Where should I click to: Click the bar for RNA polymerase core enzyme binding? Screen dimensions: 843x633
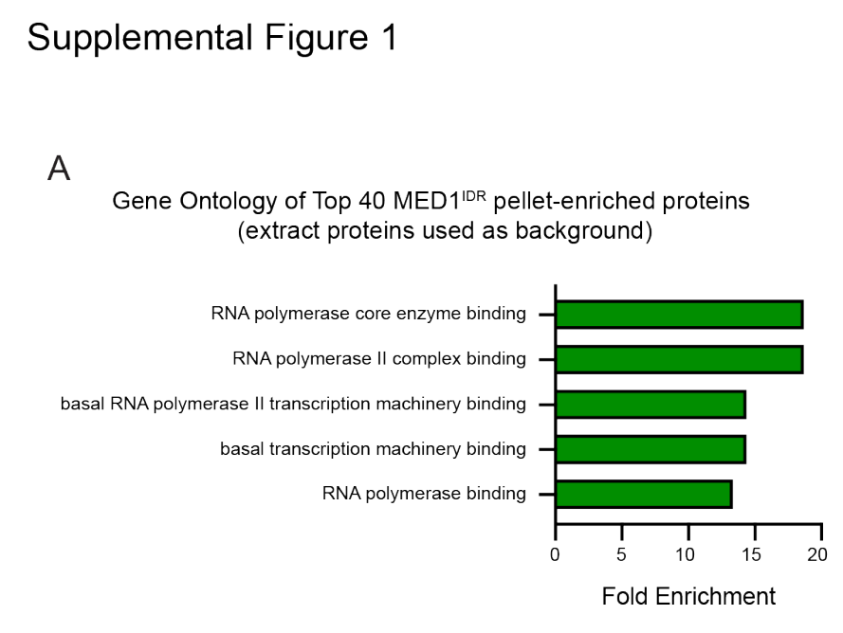[x=679, y=315]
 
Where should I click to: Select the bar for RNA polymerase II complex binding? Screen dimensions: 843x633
[x=679, y=359]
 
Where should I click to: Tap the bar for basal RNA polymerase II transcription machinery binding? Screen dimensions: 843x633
[x=651, y=405]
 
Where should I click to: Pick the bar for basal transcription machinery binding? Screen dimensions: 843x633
[x=651, y=449]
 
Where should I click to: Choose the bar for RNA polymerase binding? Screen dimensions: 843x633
[x=644, y=494]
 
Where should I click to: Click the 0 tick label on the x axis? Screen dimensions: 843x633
[x=556, y=554]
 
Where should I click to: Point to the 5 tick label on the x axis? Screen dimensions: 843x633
[x=621, y=554]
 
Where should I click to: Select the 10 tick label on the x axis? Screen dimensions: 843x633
[x=687, y=554]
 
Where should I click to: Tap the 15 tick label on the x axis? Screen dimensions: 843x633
[x=752, y=554]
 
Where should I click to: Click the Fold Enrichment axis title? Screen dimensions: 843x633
[x=688, y=596]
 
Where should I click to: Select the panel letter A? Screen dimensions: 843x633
[x=59, y=168]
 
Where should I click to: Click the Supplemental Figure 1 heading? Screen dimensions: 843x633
[x=212, y=39]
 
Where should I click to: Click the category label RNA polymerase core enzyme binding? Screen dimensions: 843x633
[x=368, y=314]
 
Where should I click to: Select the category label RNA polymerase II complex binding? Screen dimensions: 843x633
[x=379, y=359]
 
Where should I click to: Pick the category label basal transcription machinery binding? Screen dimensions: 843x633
[x=373, y=448]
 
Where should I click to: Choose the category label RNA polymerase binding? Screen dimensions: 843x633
[x=424, y=493]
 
